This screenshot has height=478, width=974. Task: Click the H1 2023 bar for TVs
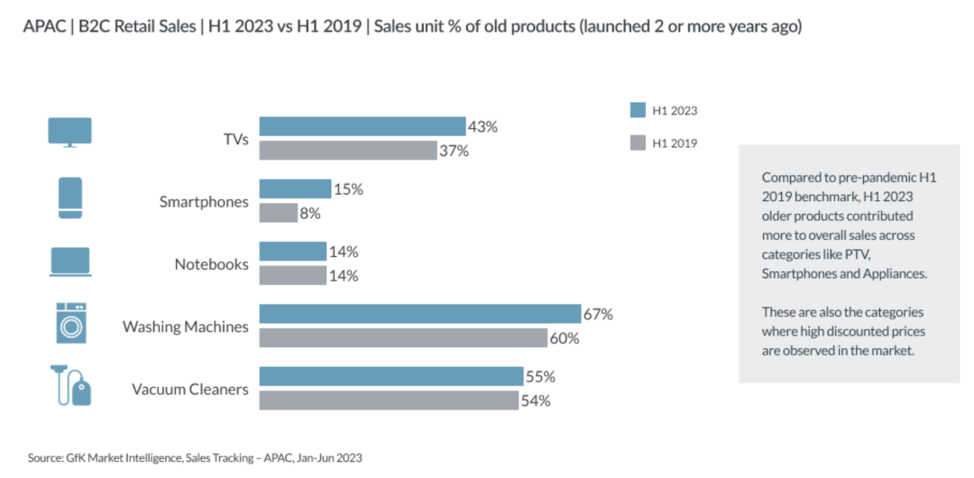pyautogui.click(x=363, y=126)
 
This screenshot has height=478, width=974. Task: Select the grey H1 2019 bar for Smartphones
pyautogui.click(x=279, y=213)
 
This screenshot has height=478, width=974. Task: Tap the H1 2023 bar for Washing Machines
pyautogui.click(x=420, y=314)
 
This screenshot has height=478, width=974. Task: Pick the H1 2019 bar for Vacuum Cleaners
pyautogui.click(x=389, y=400)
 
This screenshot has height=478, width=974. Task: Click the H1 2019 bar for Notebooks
pyautogui.click(x=292, y=275)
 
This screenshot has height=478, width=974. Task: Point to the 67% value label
pyautogui.click(x=598, y=315)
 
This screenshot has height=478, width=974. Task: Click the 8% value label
pyautogui.click(x=310, y=214)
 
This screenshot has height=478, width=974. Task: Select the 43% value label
pyautogui.click(x=483, y=127)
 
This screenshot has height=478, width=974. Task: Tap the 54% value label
pyautogui.click(x=536, y=401)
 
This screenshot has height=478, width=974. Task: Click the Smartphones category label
pyautogui.click(x=204, y=202)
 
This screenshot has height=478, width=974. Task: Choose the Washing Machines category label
pyautogui.click(x=185, y=326)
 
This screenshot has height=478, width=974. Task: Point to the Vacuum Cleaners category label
pyautogui.click(x=190, y=389)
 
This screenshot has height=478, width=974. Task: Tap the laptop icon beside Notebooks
pyautogui.click(x=70, y=262)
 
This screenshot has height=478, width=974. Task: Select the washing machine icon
pyautogui.click(x=71, y=323)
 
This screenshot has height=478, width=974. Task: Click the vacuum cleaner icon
pyautogui.click(x=71, y=385)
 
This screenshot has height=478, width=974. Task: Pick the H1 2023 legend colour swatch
pyautogui.click(x=638, y=111)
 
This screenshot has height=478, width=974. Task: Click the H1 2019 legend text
pyautogui.click(x=675, y=143)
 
